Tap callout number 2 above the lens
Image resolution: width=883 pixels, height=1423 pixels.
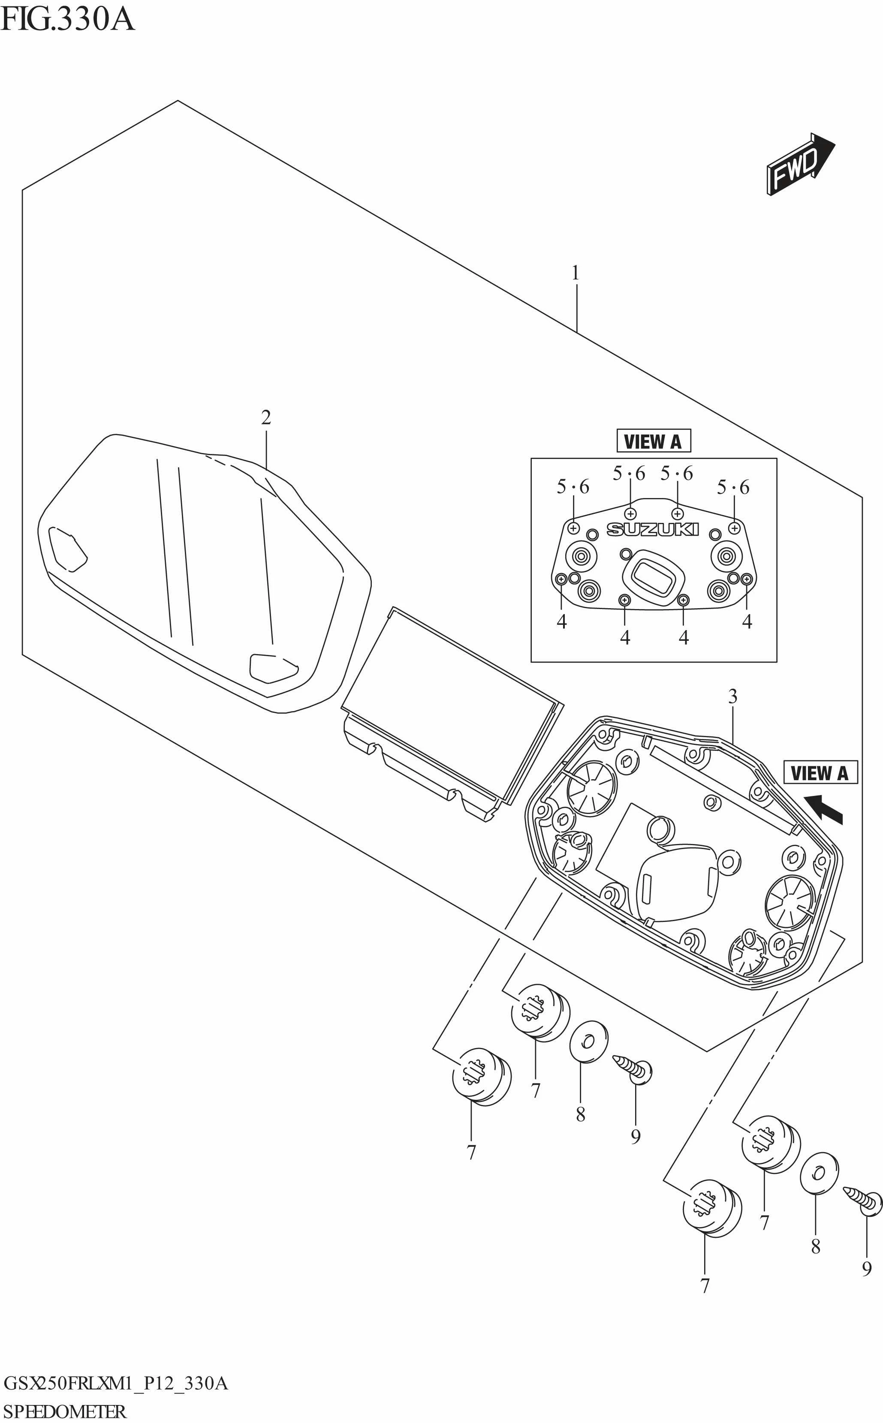click(x=266, y=418)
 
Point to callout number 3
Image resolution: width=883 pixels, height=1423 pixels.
click(x=732, y=696)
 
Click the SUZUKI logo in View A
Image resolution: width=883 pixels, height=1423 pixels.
click(x=652, y=529)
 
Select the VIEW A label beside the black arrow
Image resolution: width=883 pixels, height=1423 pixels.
click(x=820, y=773)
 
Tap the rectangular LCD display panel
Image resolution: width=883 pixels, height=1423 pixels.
click(x=450, y=700)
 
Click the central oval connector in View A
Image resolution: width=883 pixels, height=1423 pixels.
click(x=653, y=575)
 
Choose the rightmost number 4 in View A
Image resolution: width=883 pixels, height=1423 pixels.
click(x=747, y=622)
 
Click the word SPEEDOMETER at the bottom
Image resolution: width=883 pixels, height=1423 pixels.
click(x=64, y=1411)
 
